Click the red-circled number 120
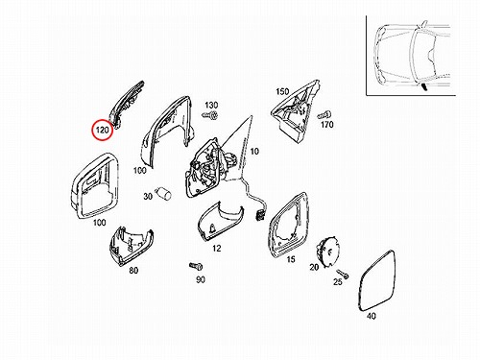click(103, 131)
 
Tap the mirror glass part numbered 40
click(377, 280)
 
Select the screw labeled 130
click(210, 114)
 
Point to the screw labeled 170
click(324, 114)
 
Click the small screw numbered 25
click(342, 274)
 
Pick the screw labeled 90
click(196, 266)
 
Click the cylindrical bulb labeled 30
click(163, 193)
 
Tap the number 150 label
click(282, 92)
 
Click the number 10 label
click(254, 151)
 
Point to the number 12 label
click(217, 248)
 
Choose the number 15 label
click(291, 259)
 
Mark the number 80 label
click(133, 271)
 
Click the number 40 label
click(372, 316)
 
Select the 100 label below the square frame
click(99, 222)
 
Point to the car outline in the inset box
click(413, 55)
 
